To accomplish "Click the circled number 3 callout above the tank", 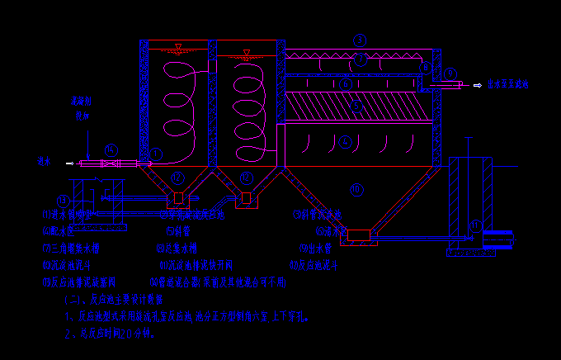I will coord(359,40).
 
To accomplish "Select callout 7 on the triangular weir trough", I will coord(360,59).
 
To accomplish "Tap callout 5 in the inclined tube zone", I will coord(356,105).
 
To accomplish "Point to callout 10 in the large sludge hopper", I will coord(356,190).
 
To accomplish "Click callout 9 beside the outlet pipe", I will coord(450,74).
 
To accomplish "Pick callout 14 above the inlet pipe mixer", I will coord(111,149).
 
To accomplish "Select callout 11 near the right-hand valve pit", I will coord(474,224).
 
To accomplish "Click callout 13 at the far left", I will coord(63,201).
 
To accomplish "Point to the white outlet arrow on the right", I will coord(477,84).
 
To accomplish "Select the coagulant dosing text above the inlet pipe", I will coord(80,108).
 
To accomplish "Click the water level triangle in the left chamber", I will coord(178,46).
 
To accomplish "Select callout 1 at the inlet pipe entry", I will coord(157,153).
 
